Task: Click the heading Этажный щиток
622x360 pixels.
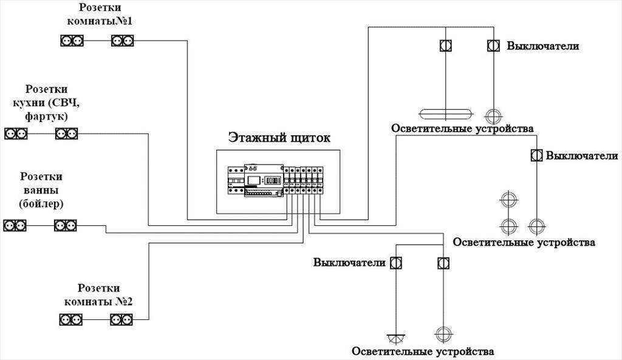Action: (279, 138)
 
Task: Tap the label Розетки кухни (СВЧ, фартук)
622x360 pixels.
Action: (46, 102)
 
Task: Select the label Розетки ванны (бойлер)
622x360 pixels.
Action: (41, 189)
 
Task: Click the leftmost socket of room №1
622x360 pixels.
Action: (72, 41)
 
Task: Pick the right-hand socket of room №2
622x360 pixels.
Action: (121, 319)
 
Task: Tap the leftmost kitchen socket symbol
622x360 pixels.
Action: (16, 133)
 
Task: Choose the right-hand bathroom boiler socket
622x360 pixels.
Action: (66, 225)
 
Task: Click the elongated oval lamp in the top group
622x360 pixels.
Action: (445, 114)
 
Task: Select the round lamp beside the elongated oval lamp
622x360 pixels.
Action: (493, 114)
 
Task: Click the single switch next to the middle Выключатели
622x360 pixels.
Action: (536, 155)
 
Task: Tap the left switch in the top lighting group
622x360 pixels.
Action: (445, 46)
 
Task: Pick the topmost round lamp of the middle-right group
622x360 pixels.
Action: (508, 199)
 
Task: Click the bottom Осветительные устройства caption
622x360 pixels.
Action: (423, 352)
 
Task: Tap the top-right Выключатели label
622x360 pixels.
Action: (543, 46)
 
